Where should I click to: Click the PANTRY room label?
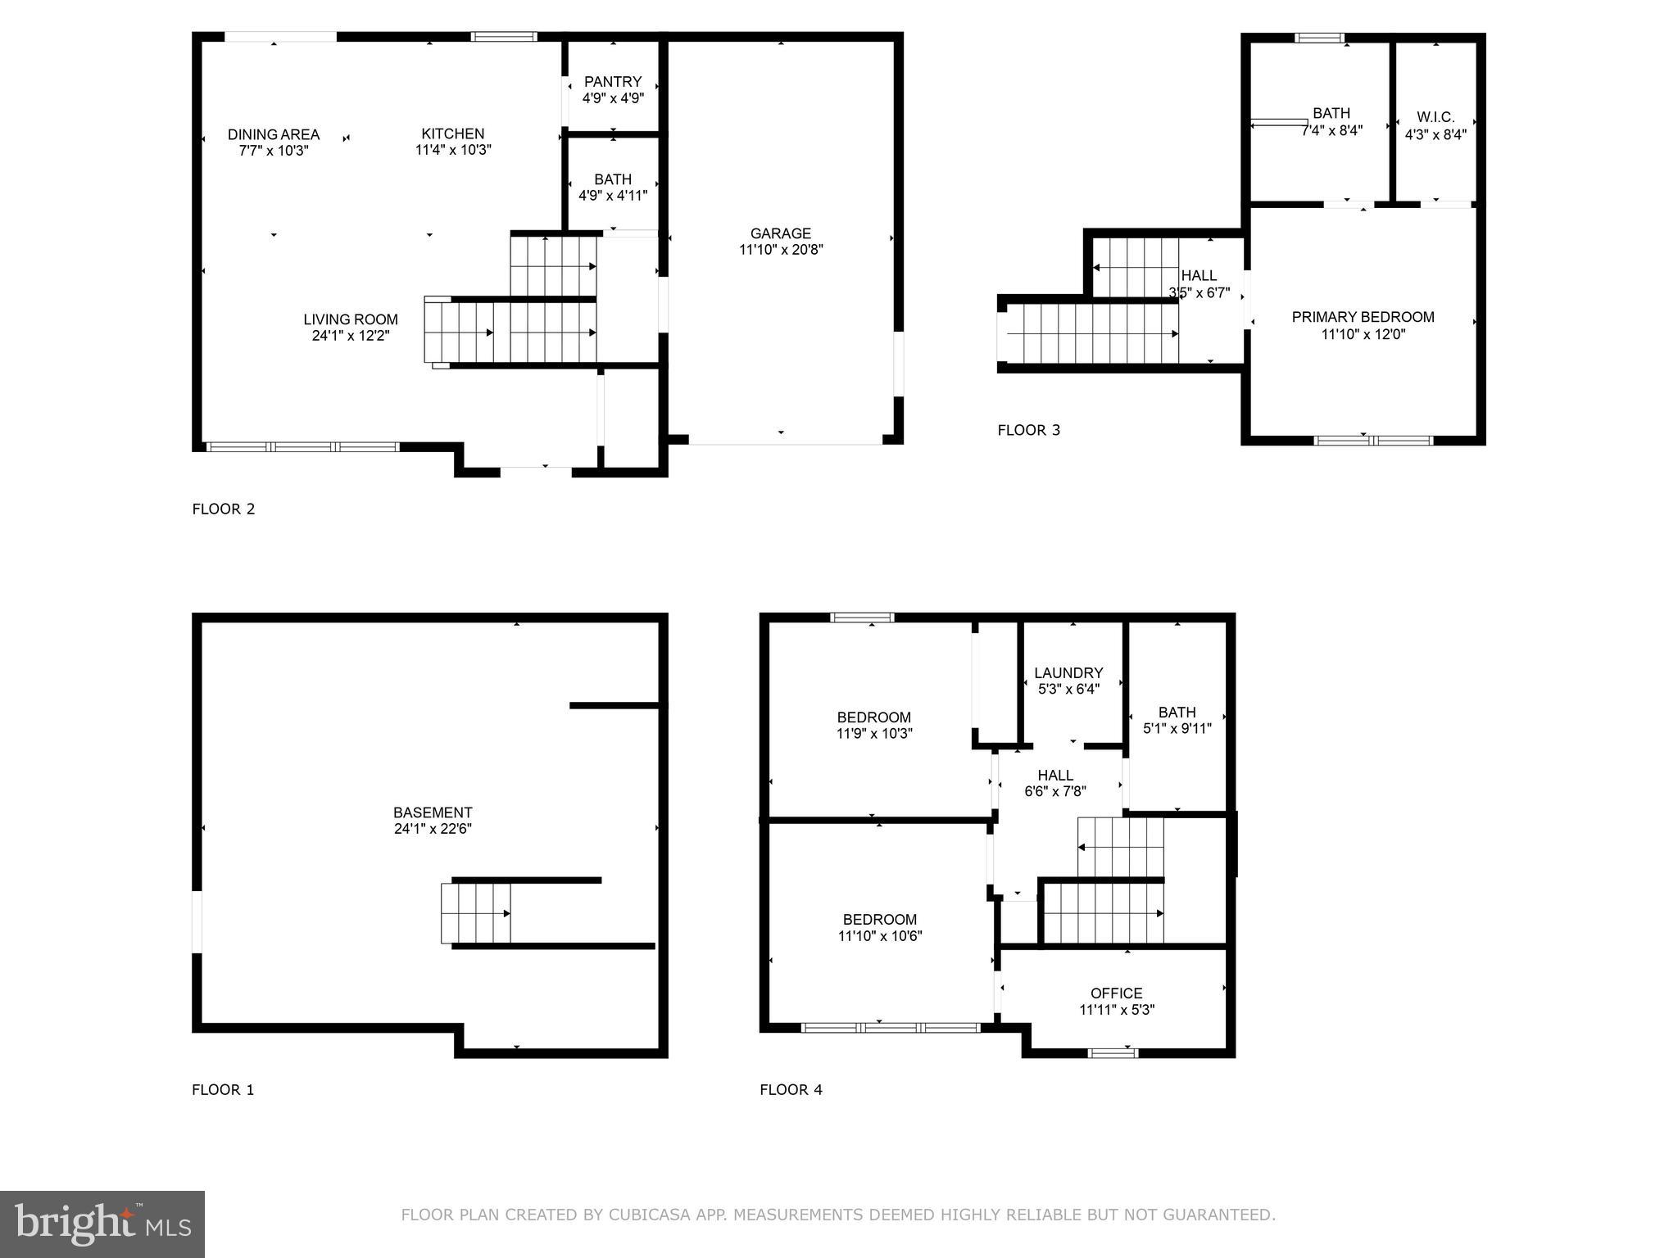pyautogui.click(x=613, y=82)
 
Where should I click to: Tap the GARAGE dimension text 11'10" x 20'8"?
pyautogui.click(x=781, y=250)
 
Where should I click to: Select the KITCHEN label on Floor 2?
pyautogui.click(x=453, y=133)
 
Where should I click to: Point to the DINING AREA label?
pyautogui.click(x=274, y=134)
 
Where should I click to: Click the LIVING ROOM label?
pyautogui.click(x=351, y=319)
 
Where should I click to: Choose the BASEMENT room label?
pyautogui.click(x=433, y=812)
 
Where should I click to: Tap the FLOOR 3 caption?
pyautogui.click(x=1028, y=430)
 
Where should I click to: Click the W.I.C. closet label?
pyautogui.click(x=1435, y=118)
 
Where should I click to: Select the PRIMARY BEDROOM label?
pyautogui.click(x=1363, y=317)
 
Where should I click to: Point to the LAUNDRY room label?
pyautogui.click(x=1068, y=673)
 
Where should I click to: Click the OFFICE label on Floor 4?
pyautogui.click(x=1116, y=993)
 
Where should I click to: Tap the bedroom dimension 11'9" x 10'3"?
pyautogui.click(x=874, y=734)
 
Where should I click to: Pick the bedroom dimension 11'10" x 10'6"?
pyautogui.click(x=880, y=936)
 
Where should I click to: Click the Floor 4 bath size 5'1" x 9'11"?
pyautogui.click(x=1177, y=728)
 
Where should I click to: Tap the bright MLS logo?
pyautogui.click(x=102, y=1224)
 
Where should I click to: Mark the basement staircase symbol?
pyautogui.click(x=476, y=913)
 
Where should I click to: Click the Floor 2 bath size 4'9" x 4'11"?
pyautogui.click(x=613, y=196)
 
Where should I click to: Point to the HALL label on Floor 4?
pyautogui.click(x=1055, y=775)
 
